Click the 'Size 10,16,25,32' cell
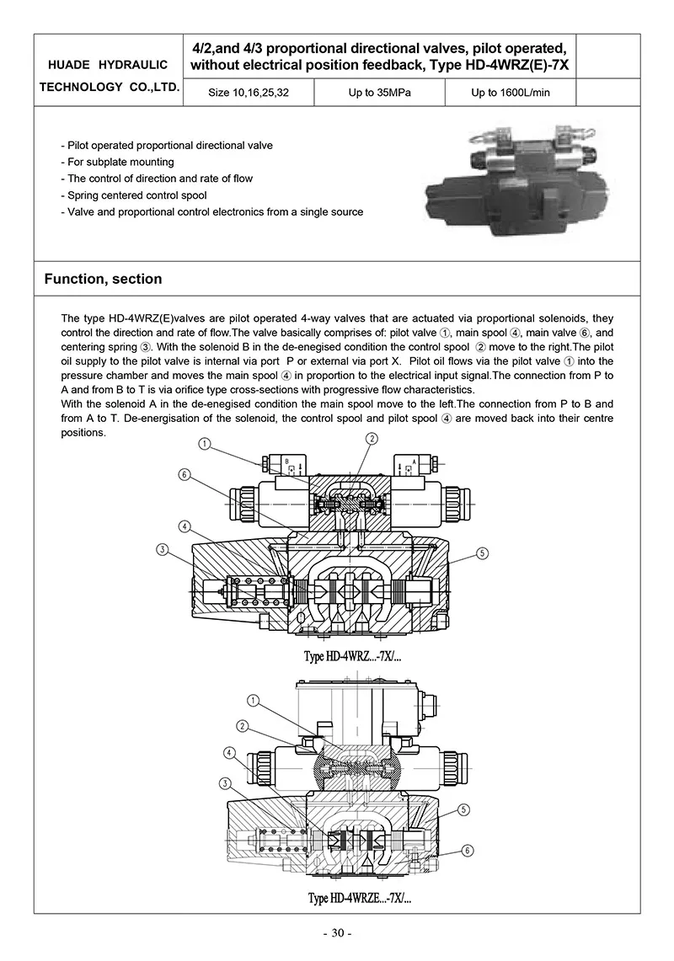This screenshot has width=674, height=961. point(249,93)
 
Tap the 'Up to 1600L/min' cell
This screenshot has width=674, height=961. point(510,93)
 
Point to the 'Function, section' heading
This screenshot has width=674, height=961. point(103,279)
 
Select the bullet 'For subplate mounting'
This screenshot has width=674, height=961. point(118,162)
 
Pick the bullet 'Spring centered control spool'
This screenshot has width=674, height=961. point(134,195)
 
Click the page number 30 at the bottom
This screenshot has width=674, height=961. point(337,932)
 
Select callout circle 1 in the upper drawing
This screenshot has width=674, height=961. point(205,444)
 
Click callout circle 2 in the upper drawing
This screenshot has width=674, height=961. point(372,438)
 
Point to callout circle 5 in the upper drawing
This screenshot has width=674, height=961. point(482,553)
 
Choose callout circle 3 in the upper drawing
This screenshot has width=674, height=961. point(162,550)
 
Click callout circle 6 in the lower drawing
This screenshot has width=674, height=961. point(468,851)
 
